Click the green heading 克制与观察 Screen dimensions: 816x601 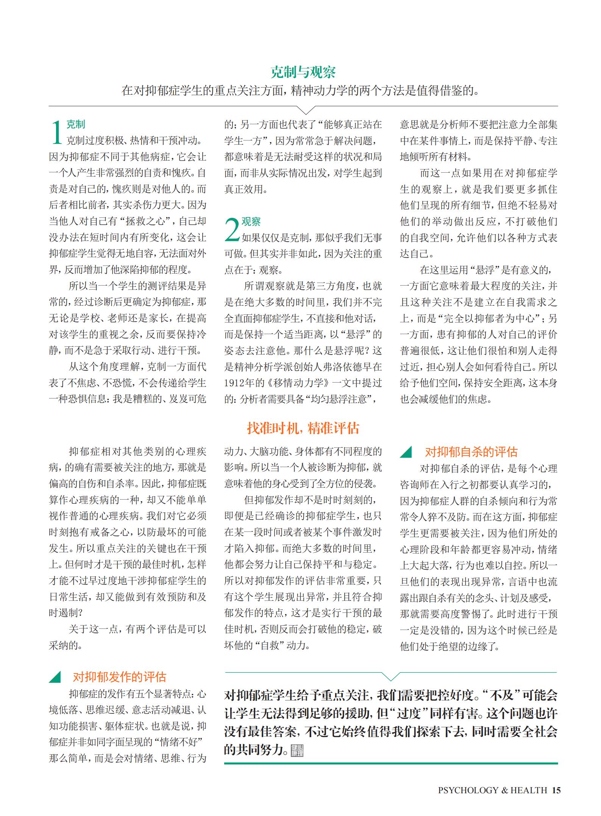coord(303,72)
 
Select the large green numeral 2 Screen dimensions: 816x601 coord(232,230)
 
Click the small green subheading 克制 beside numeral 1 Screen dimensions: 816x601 coord(76,124)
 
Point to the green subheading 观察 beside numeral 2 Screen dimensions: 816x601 coord(251,222)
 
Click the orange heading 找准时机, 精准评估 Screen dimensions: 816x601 coord(303,428)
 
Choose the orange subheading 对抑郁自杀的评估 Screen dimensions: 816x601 coord(471,452)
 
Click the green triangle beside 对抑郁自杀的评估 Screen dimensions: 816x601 coord(406,452)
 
